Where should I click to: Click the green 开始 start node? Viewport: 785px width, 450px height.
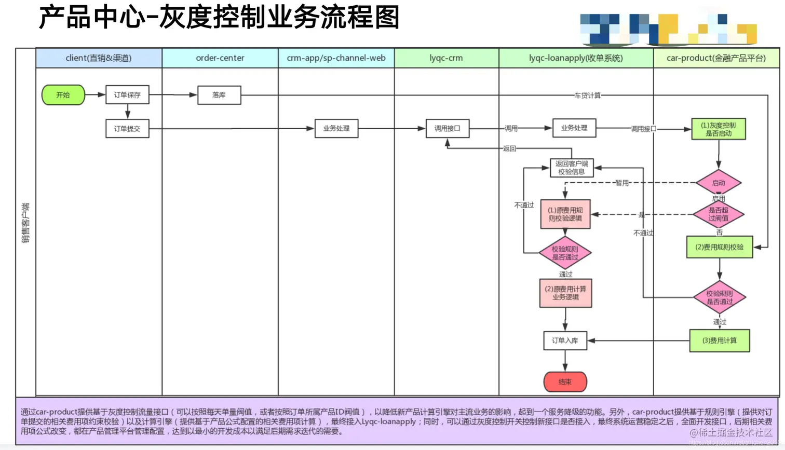pos(63,95)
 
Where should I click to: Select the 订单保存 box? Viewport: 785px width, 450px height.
pos(127,95)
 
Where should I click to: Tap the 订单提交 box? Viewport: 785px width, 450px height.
pos(127,129)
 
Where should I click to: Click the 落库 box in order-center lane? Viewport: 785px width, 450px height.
pos(219,95)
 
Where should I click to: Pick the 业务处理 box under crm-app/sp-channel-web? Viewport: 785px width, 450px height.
pos(336,128)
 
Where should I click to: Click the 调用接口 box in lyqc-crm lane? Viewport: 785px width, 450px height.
pos(448,128)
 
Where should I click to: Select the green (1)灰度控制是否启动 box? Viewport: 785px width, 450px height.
pos(719,129)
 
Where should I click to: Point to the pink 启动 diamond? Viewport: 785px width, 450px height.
pos(719,183)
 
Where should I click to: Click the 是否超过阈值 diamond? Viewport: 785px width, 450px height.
pos(719,214)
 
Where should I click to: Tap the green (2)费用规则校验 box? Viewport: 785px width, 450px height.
pos(720,247)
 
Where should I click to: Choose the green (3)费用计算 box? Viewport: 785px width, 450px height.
pos(720,340)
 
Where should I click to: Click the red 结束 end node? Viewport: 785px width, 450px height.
pos(565,381)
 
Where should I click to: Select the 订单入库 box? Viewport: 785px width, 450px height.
pos(565,340)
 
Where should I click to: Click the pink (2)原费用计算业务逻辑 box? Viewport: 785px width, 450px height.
pos(565,293)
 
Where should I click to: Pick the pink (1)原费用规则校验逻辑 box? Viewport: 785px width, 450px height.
pos(565,214)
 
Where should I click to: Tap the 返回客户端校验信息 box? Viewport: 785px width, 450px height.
pos(572,168)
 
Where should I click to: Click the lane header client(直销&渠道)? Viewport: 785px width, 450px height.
pos(99,58)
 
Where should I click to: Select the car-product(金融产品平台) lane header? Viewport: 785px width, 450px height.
pos(716,58)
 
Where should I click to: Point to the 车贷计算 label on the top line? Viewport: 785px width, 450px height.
pos(587,96)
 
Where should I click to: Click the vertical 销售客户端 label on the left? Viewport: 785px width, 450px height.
pos(25,223)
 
